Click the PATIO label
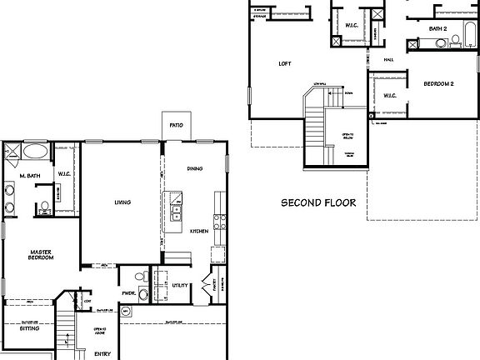coord(176,125)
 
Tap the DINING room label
coord(194,167)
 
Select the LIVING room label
coord(123,202)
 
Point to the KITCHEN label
coord(197,231)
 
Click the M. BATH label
coord(30,176)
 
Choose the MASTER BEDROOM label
coord(42,254)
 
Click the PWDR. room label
coord(129,292)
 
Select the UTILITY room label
coord(178,286)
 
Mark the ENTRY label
coord(102,353)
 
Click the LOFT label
coord(284,63)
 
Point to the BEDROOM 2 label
coord(438,83)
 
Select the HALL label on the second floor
coord(388,59)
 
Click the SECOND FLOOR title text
coord(318,202)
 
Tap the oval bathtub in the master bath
coord(34,152)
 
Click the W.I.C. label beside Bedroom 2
coord(388,96)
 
